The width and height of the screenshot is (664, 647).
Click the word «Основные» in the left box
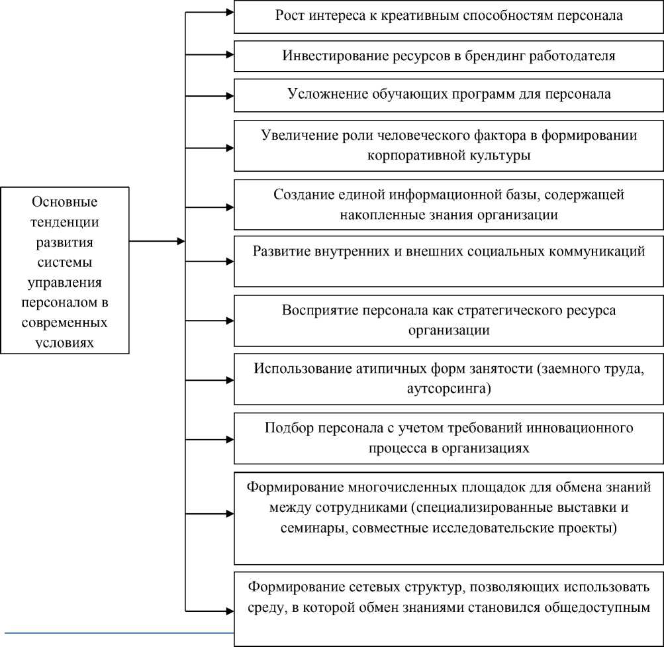[x=64, y=201]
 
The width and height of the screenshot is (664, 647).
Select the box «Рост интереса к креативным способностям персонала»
[x=449, y=17]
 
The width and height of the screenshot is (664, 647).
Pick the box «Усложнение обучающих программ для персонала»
[x=449, y=95]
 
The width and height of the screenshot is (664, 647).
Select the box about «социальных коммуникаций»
[x=449, y=261]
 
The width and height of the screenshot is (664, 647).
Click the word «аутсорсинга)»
[x=449, y=388]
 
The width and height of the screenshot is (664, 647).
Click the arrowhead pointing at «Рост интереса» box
[x=228, y=12]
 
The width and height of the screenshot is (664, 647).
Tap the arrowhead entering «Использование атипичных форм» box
[x=228, y=380]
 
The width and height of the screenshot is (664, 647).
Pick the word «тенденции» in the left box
[x=64, y=221]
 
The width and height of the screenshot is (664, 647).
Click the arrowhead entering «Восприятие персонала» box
[x=228, y=321]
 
